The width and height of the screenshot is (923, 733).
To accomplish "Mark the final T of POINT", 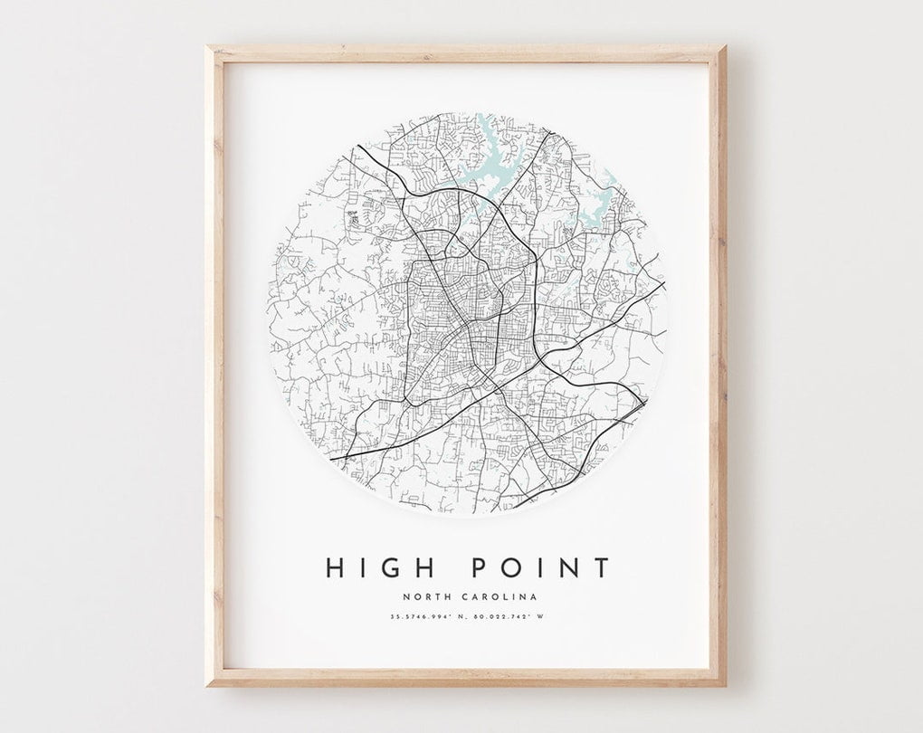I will [x=600, y=567].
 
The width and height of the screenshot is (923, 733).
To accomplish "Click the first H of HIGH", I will [x=336, y=567].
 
